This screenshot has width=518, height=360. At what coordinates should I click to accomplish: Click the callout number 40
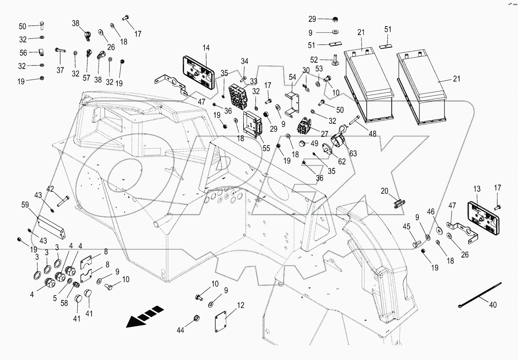[493, 304]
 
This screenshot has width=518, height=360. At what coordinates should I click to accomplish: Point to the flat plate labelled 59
[51, 226]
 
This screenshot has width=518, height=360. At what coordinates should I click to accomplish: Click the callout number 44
[181, 330]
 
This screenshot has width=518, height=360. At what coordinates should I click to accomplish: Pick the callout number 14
[206, 48]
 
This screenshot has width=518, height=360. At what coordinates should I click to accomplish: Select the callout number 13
[477, 189]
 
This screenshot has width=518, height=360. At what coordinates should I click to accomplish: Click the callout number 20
[385, 191]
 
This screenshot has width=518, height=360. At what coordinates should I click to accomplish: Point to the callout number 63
[353, 153]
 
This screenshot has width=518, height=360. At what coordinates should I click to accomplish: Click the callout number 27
[324, 134]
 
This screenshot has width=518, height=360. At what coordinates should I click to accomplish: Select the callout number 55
[266, 148]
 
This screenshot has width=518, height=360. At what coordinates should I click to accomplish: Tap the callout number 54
[292, 77]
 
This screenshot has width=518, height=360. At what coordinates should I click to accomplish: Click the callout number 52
[314, 60]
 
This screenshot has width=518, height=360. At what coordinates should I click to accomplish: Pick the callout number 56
[23, 53]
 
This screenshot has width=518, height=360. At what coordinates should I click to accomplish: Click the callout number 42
[50, 189]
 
